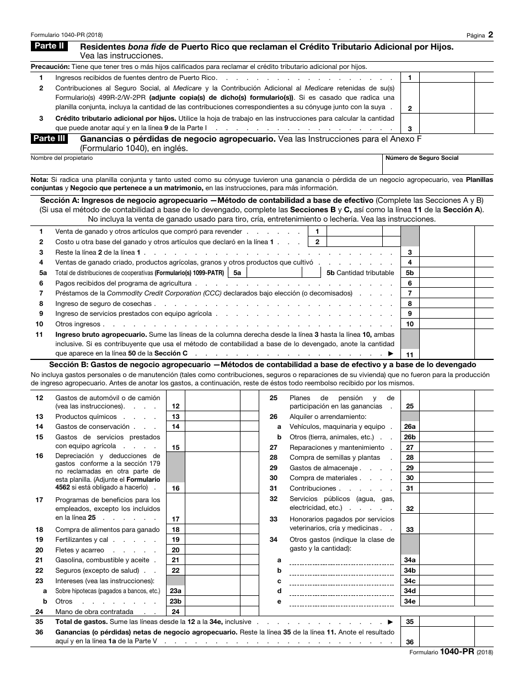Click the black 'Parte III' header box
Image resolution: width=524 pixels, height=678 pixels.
(x=50, y=139)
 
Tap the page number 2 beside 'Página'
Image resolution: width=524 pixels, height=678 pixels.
(x=490, y=34)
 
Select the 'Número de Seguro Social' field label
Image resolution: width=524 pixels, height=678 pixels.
(x=422, y=158)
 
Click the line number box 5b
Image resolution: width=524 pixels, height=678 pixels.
(x=409, y=273)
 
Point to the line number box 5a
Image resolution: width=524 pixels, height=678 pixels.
(x=237, y=273)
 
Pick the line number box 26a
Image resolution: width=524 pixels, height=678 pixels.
(x=409, y=427)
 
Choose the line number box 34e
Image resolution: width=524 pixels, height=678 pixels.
(x=409, y=601)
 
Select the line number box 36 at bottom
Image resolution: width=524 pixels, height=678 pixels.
(x=409, y=642)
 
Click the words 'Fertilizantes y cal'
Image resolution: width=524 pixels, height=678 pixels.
(x=82, y=540)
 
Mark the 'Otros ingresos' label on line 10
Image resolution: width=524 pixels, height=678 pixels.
(x=78, y=324)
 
